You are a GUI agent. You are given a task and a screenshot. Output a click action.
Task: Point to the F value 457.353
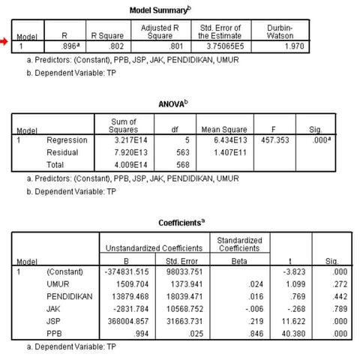point(265,139)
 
